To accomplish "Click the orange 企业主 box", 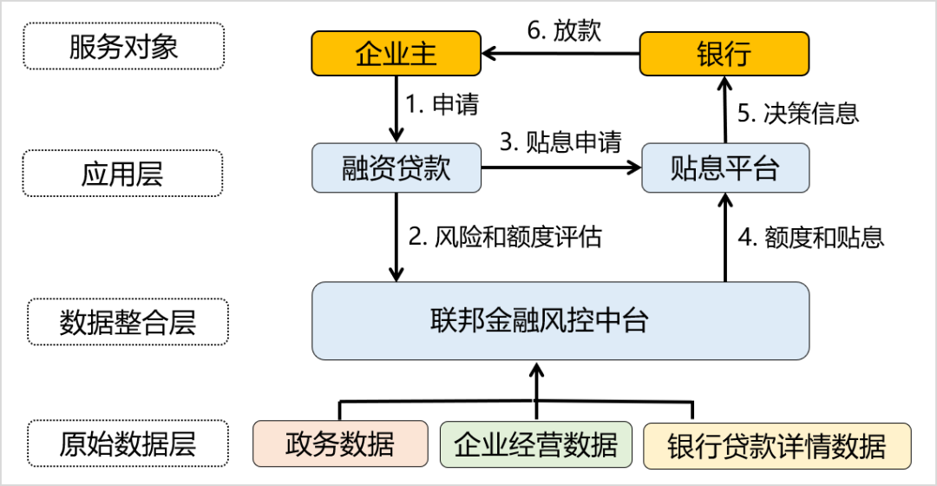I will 396,54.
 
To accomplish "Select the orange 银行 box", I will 724,54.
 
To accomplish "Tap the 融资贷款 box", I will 396,167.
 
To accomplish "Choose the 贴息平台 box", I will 724,167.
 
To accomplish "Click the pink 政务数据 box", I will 340,443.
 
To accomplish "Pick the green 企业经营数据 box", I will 535,444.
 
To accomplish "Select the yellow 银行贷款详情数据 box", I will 776,446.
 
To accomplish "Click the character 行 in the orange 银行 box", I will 737,54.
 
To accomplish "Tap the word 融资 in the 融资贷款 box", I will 369,167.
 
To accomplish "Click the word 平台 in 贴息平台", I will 751,167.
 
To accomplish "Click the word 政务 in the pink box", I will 312,443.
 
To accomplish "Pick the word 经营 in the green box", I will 535,444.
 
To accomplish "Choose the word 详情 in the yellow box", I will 803,446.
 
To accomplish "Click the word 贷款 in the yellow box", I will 750,446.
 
